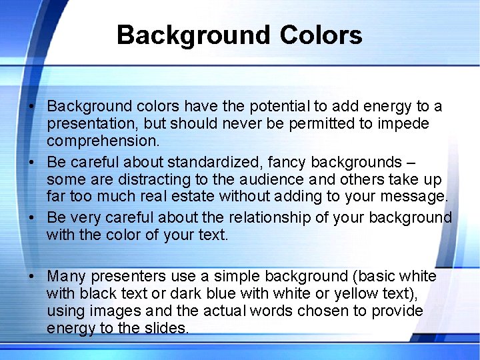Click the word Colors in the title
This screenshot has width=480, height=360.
tap(321, 35)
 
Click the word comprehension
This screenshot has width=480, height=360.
tap(103, 141)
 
